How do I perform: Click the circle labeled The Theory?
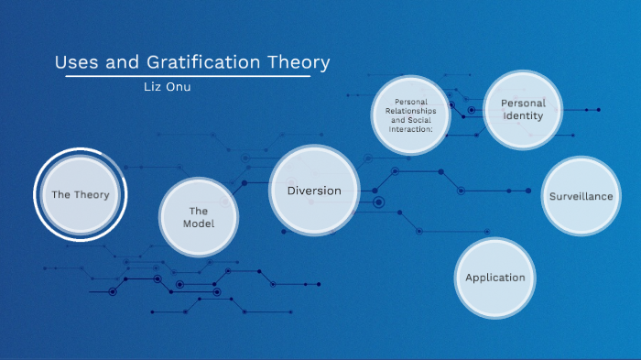[80, 194]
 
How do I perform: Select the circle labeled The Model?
[199, 217]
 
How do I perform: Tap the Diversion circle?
[314, 191]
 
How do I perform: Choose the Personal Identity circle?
[522, 111]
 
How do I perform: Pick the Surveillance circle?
[581, 196]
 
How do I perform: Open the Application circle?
[494, 278]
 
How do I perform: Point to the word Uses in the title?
[74, 63]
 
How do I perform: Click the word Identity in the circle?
[522, 116]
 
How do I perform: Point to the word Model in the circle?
[199, 224]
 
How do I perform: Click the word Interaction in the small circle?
[411, 128]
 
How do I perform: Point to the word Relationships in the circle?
[411, 111]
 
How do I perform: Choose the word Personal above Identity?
[523, 104]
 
